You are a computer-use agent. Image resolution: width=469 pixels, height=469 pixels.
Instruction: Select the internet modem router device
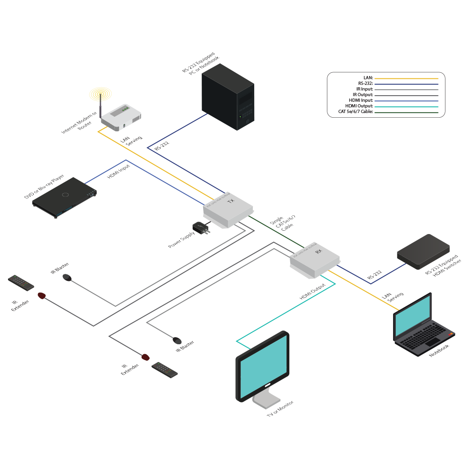[122, 116]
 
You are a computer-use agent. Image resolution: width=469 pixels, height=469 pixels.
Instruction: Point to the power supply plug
[201, 228]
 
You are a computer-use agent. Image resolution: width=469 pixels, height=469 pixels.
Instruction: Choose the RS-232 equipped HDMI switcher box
[423, 252]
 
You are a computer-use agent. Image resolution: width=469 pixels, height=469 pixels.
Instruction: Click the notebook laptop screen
[412, 315]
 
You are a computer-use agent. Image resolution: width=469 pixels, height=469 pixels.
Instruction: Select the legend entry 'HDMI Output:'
[361, 106]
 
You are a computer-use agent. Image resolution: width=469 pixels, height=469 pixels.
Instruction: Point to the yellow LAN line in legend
[406, 78]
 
